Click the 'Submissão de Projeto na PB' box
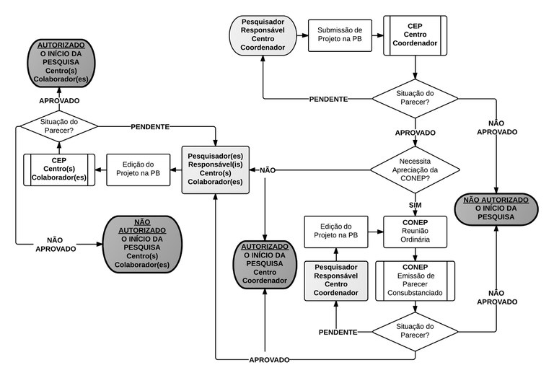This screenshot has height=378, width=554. pos(335,34)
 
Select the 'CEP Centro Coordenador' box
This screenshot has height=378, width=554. pos(414,34)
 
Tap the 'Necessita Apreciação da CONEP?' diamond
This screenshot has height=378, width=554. pos(415,170)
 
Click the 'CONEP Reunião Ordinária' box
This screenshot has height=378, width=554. pos(415,231)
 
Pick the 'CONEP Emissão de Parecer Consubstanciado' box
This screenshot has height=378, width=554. pos(415,281)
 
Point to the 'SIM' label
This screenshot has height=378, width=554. pos(415,205)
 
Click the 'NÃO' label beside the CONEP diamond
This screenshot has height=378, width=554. pos(267,170)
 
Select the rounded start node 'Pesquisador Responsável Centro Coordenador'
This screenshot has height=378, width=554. pos(263,34)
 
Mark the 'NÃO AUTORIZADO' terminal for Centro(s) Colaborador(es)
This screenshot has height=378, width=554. pos(141,244)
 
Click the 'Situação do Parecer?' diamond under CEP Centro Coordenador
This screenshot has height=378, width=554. pos(415,98)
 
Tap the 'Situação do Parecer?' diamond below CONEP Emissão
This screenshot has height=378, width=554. pos(415,331)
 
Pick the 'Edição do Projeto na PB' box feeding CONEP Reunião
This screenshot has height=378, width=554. pos(335,231)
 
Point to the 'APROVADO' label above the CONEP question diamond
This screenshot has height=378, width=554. pos(415,133)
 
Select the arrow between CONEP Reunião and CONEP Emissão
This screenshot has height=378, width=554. pos(415,253)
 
